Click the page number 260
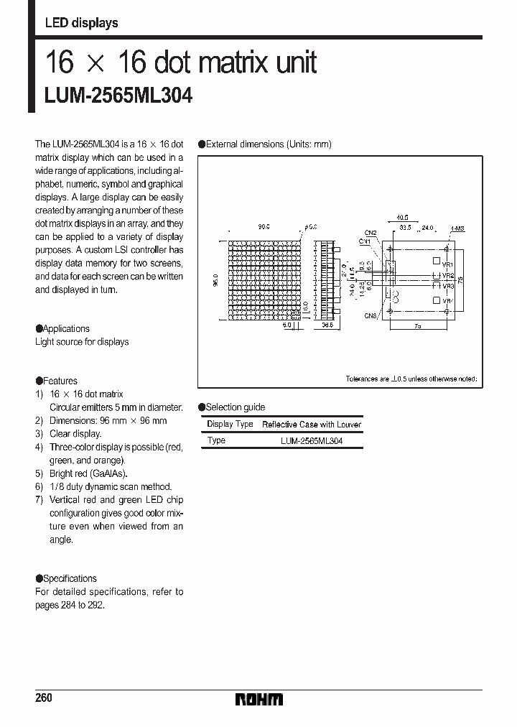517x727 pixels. click(x=44, y=698)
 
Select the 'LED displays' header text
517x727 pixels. click(x=81, y=23)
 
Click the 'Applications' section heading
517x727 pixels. click(x=66, y=328)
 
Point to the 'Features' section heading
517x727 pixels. click(x=60, y=381)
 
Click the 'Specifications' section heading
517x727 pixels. click(x=70, y=578)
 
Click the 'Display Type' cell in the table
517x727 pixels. click(x=230, y=424)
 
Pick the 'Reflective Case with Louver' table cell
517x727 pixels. click(x=311, y=425)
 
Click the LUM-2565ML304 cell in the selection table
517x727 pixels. click(x=311, y=440)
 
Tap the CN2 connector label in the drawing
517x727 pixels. click(x=371, y=233)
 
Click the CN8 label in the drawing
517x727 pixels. click(x=371, y=315)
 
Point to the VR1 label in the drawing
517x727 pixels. click(x=447, y=264)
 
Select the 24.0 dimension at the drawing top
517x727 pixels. click(x=428, y=227)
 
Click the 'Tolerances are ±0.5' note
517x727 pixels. click(x=411, y=379)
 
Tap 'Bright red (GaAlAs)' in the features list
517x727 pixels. click(x=88, y=473)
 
